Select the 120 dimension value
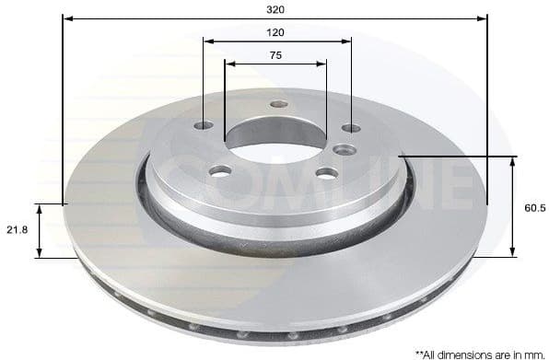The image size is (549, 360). pyautogui.click(x=275, y=31)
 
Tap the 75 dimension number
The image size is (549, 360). pyautogui.click(x=275, y=54)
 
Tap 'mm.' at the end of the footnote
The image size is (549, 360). pyautogui.click(x=533, y=353)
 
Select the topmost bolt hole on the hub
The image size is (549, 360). pyautogui.click(x=278, y=104)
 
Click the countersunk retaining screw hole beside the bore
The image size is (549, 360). pyautogui.click(x=345, y=149)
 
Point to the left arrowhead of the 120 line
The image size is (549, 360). pyautogui.click(x=207, y=41)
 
